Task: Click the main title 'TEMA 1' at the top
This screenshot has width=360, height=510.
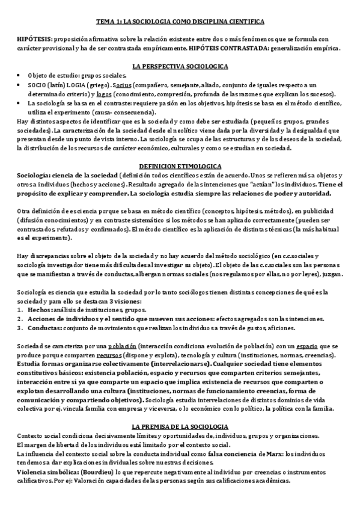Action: tap(180, 21)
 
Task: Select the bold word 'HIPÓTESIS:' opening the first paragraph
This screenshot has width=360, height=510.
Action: tap(35, 38)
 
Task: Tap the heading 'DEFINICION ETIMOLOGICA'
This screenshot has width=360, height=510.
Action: tap(180, 165)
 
